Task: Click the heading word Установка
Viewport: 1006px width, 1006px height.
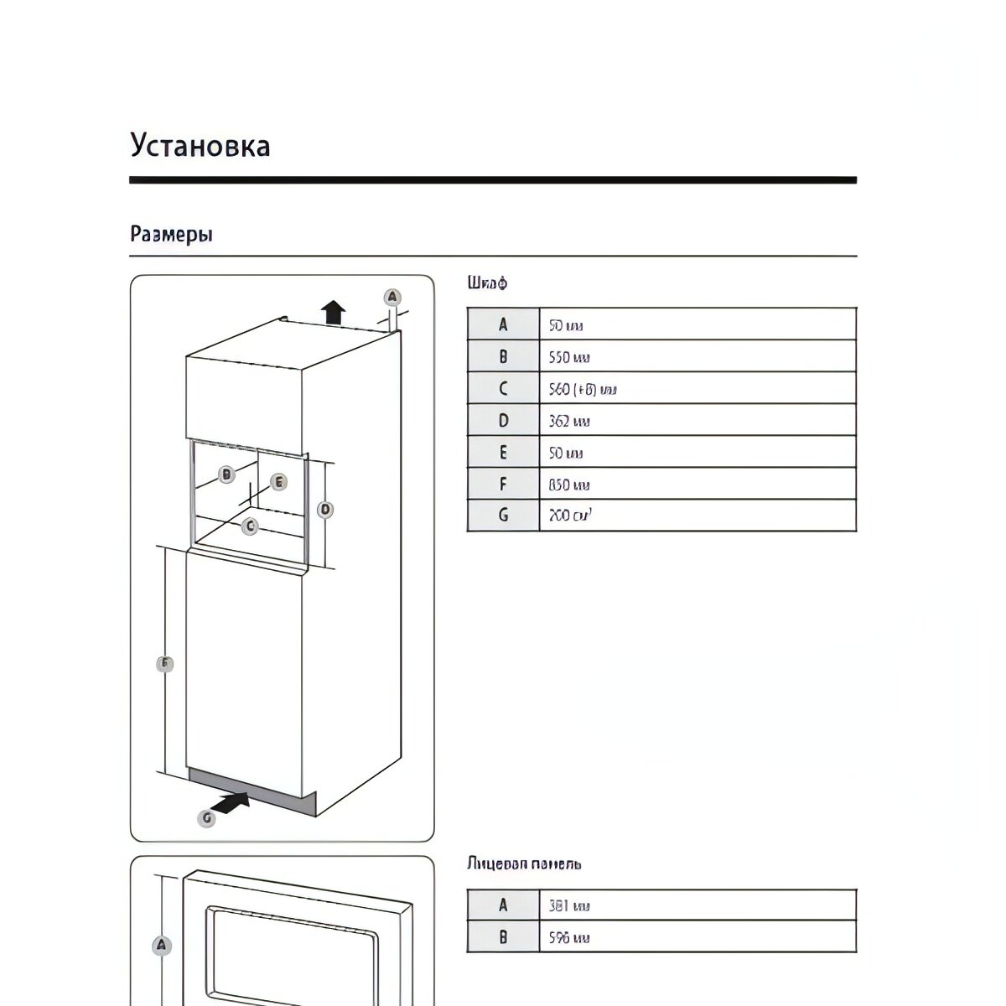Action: (200, 146)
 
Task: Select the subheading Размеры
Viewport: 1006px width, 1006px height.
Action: (171, 235)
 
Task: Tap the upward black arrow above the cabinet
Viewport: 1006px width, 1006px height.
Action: (334, 312)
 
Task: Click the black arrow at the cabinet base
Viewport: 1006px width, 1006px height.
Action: (232, 802)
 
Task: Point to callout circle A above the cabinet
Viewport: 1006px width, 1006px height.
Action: (392, 297)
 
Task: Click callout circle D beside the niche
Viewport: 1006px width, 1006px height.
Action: (325, 509)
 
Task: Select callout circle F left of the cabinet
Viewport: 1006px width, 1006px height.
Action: (165, 665)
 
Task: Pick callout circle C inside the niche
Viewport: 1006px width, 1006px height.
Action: (249, 526)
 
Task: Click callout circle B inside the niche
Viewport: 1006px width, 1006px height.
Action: (226, 474)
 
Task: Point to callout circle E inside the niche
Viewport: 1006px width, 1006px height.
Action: (278, 482)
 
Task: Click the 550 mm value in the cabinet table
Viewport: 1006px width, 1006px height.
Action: (569, 357)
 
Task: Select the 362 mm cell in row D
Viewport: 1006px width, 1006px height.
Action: (569, 421)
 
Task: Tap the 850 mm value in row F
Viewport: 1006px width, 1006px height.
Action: (569, 485)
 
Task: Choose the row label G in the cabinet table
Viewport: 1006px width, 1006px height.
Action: (503, 516)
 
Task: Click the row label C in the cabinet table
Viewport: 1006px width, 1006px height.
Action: (503, 389)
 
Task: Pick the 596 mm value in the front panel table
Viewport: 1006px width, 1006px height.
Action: (569, 938)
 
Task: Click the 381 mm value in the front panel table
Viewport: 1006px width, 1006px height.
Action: (569, 906)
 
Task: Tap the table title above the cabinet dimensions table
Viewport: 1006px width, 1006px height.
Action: (487, 283)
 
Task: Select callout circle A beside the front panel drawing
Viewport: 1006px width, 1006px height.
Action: (163, 946)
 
